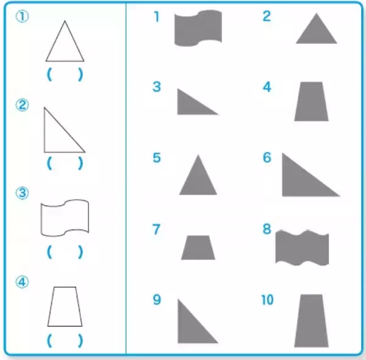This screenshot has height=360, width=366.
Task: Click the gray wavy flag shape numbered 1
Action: (x=198, y=28)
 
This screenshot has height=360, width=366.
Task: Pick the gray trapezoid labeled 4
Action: (x=311, y=101)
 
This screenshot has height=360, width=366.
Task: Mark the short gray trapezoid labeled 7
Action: (x=198, y=248)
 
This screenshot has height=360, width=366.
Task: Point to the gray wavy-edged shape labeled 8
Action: (x=303, y=248)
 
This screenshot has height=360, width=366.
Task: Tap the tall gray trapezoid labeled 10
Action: (x=311, y=321)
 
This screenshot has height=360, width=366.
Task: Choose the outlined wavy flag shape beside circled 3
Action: (x=65, y=218)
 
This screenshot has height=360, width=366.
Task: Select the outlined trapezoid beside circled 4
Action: (x=65, y=306)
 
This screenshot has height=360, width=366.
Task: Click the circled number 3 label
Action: (x=22, y=193)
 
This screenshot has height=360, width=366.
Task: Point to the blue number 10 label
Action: (x=267, y=300)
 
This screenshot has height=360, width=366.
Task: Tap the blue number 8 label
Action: (x=267, y=229)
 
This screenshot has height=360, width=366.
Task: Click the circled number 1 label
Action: (x=22, y=16)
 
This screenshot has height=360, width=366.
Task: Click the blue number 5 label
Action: (x=157, y=157)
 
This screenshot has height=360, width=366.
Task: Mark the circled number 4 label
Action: (x=22, y=282)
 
